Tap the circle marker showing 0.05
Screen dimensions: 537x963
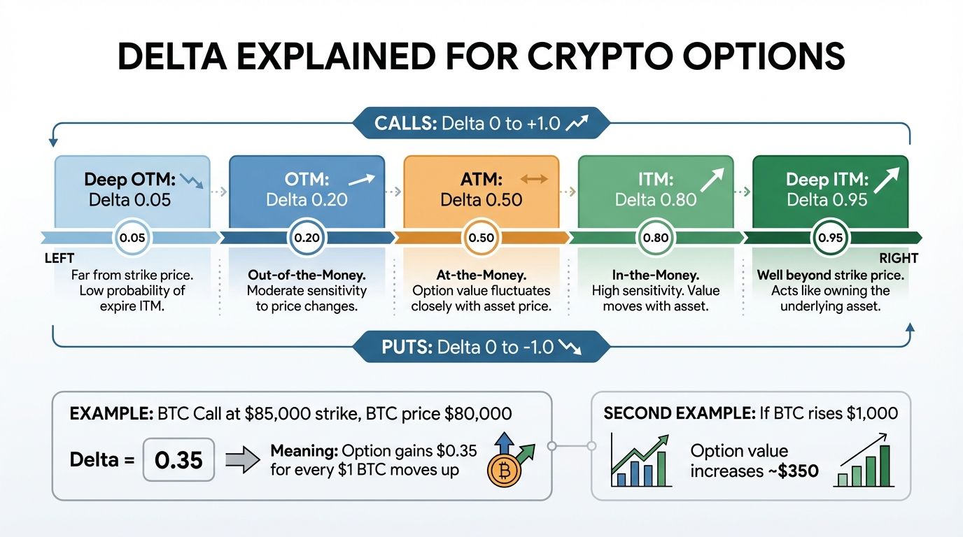click(132, 238)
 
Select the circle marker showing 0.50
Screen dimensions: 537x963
click(481, 238)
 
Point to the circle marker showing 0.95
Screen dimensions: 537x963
click(830, 238)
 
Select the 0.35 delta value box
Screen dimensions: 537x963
click(178, 460)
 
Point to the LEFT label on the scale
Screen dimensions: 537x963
click(59, 259)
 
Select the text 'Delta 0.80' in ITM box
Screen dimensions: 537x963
click(655, 200)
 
